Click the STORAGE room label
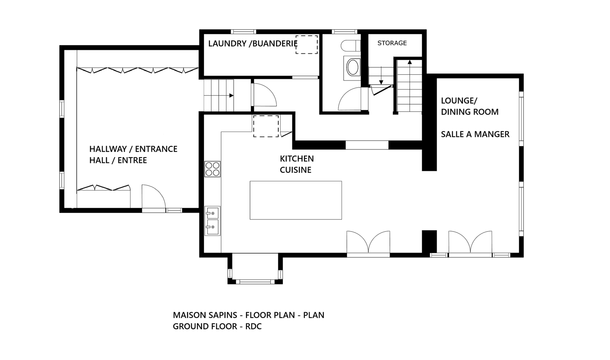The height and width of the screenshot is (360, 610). [392, 43]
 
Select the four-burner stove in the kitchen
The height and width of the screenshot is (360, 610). [212, 169]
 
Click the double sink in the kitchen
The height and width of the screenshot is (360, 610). [212, 221]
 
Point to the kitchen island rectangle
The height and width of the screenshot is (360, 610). [295, 200]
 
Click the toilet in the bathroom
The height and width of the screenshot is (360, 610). [350, 46]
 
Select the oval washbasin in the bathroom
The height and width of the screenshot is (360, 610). [353, 67]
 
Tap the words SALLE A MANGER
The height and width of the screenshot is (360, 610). [475, 134]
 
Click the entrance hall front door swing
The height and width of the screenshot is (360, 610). [153, 197]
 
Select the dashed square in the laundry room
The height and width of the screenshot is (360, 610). [307, 45]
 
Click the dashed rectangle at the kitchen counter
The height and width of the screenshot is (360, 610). [266, 126]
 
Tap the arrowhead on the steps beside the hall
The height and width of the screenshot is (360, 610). [231, 95]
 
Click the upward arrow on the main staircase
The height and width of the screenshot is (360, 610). [410, 62]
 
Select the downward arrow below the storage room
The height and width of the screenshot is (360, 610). [381, 82]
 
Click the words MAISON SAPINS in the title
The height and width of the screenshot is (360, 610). [205, 315]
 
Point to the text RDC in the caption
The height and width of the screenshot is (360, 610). [254, 327]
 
